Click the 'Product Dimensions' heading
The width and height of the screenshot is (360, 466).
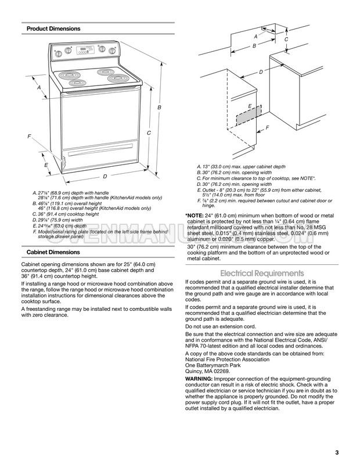pyautogui.click(x=53, y=28)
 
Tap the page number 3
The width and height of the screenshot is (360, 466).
pyautogui.click(x=337, y=453)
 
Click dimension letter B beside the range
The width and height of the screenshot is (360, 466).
pyautogui.click(x=159, y=108)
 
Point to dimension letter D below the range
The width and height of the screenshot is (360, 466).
pyautogui.click(x=105, y=176)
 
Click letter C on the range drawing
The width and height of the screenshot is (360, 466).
pyautogui.click(x=149, y=134)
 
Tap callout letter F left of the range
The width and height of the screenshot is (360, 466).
pyautogui.click(x=30, y=136)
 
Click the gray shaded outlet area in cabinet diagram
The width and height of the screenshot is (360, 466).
pyautogui.click(x=247, y=117)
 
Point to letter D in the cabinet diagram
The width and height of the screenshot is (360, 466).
pyautogui.click(x=261, y=71)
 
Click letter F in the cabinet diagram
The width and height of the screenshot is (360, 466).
pyautogui.click(x=267, y=127)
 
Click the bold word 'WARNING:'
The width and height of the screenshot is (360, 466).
pyautogui.click(x=199, y=378)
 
